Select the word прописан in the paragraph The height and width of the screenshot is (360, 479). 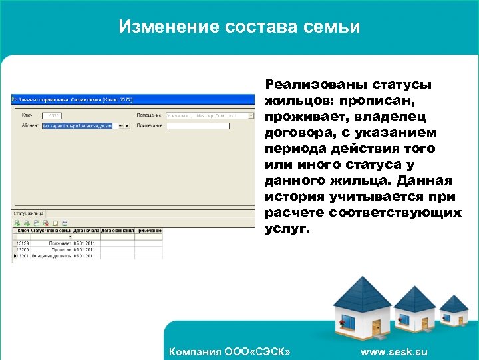[x=377, y=101]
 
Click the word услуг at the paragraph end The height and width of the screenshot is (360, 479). [x=287, y=228]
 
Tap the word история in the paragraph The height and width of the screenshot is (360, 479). [x=294, y=197]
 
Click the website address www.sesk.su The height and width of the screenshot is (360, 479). [x=394, y=352]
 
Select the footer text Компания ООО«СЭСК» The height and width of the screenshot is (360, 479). [x=230, y=352]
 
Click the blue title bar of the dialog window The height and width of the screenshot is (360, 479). [x=133, y=99]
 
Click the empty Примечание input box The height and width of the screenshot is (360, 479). [x=200, y=125]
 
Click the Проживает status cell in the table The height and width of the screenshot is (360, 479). [x=59, y=244]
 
